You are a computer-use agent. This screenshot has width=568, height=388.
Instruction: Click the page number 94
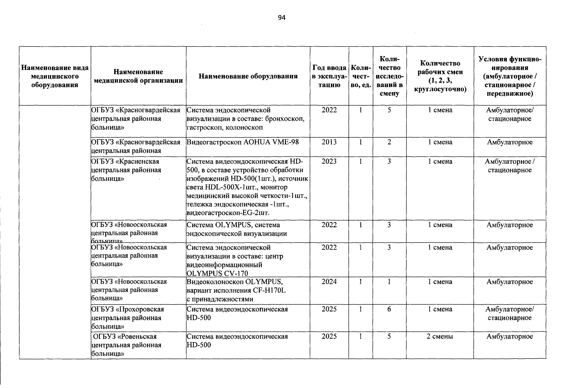click(x=281, y=18)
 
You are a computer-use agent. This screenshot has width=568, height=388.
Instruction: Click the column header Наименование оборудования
click(x=248, y=76)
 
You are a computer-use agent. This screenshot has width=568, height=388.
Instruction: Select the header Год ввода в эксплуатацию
click(x=329, y=76)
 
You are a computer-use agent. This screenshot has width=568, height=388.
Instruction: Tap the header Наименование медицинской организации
click(x=138, y=76)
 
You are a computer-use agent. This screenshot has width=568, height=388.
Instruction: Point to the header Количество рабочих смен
click(x=440, y=76)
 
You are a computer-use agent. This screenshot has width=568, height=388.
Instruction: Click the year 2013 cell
click(x=329, y=142)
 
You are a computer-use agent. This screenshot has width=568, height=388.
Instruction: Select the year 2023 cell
click(x=329, y=161)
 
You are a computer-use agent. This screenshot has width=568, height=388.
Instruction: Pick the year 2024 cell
click(x=329, y=282)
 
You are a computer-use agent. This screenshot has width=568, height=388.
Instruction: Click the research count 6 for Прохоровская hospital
click(x=389, y=309)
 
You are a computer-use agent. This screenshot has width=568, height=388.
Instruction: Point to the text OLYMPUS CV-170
click(x=217, y=274)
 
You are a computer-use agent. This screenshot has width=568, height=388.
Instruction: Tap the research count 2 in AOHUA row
click(x=389, y=142)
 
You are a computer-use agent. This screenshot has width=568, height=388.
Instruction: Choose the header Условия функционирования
click(x=510, y=76)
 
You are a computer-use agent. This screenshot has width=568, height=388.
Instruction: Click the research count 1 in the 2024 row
click(x=389, y=282)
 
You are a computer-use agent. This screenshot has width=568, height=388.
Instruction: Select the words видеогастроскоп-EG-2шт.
click(x=228, y=213)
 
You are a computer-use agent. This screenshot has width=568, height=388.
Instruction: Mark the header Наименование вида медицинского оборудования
click(x=55, y=76)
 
